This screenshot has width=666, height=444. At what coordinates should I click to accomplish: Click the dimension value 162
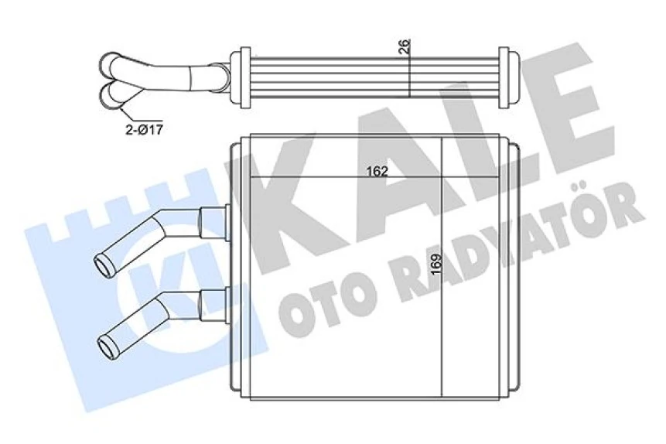[x=377, y=171]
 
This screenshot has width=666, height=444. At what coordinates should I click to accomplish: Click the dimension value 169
[x=437, y=265]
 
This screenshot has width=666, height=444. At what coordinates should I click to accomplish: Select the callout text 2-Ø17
[x=145, y=129]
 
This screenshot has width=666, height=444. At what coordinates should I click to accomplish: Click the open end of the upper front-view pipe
[x=103, y=263]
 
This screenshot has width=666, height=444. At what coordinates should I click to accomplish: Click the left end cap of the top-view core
[x=241, y=77]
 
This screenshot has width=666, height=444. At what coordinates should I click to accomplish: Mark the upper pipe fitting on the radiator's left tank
[x=213, y=221]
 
